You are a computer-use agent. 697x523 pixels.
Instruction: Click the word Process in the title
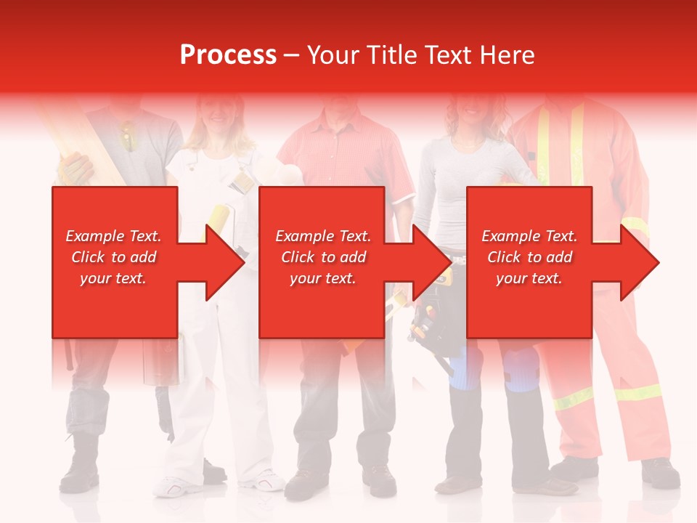(x=228, y=55)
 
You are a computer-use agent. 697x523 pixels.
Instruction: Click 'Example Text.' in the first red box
(x=114, y=236)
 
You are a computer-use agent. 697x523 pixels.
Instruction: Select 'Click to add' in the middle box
(x=323, y=257)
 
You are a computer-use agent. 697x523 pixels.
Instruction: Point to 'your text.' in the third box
(x=529, y=278)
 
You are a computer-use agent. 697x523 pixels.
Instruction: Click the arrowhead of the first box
(x=225, y=262)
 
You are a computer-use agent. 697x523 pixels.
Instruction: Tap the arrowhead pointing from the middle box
(x=433, y=262)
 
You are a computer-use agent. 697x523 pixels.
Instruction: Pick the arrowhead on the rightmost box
(x=640, y=262)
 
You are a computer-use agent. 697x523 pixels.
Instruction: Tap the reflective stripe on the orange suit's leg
(x=637, y=393)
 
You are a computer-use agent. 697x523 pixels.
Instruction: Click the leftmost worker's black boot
(x=80, y=465)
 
